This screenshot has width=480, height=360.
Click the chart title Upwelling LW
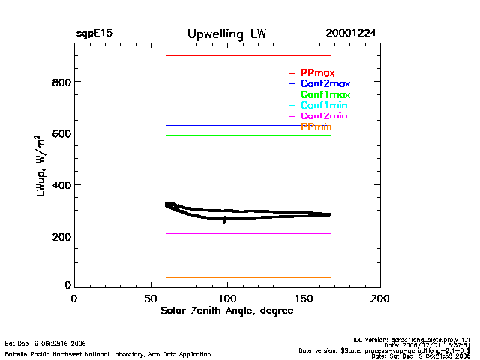coord(226,34)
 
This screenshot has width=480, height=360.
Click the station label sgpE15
coord(94,34)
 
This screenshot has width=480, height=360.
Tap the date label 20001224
coord(351,34)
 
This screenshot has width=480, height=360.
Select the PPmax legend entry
coord(317,73)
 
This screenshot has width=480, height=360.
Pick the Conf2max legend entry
coord(325,83)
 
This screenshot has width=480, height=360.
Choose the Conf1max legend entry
coord(325,94)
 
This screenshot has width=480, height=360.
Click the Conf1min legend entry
coord(324,106)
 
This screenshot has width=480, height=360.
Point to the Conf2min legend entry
coord(324,116)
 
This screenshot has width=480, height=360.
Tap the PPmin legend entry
coord(316,127)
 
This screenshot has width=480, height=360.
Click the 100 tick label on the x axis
coord(227,298)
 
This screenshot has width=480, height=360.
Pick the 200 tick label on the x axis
coord(380,298)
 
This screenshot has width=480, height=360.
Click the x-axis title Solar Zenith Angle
coord(226,311)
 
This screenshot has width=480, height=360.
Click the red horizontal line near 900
coord(247,55)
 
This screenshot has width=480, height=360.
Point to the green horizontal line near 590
coord(247,135)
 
